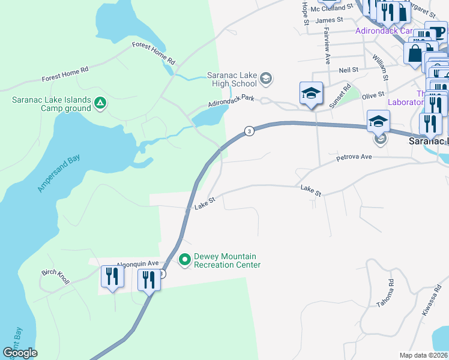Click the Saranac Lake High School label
(232, 80)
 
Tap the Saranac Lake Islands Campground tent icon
(101, 104)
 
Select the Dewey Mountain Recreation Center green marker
(185, 260)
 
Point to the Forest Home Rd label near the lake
(154, 53)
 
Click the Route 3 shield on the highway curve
(247, 131)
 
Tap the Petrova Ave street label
(354, 157)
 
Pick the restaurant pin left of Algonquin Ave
(112, 277)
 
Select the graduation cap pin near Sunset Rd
(311, 94)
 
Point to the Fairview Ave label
(327, 47)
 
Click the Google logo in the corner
(20, 353)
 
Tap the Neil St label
(348, 70)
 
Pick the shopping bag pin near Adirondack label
(415, 53)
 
